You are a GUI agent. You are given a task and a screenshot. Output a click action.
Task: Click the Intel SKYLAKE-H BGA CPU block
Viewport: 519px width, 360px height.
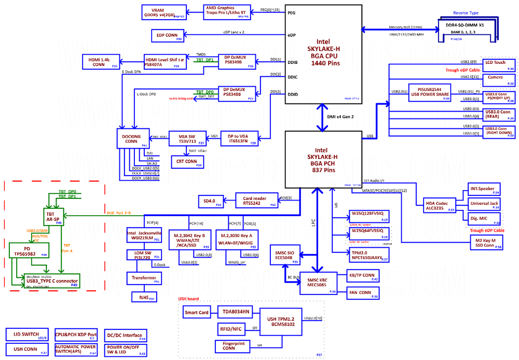coord(323,52)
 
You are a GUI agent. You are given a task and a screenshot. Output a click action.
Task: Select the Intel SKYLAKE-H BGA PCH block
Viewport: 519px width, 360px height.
coord(323,159)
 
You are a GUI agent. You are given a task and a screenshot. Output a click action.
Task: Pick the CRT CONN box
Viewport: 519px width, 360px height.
coord(187,162)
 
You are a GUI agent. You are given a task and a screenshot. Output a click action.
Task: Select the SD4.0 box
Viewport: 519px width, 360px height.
coord(212,201)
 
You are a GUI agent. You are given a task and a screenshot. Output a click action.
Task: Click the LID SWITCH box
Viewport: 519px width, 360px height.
coord(27,335)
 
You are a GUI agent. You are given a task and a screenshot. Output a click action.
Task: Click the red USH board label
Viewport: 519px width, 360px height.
coord(189,299)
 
